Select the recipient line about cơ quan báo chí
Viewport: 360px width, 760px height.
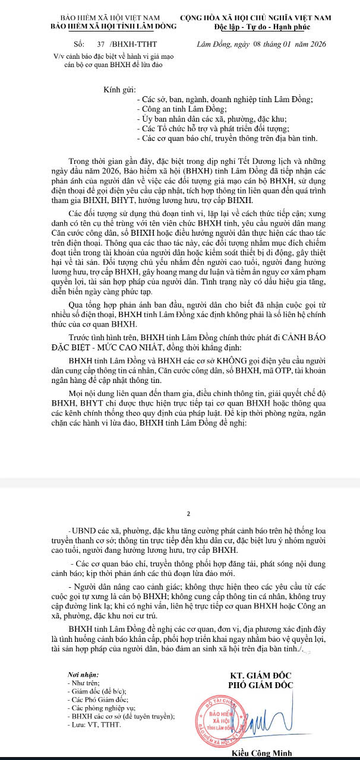point(227,138)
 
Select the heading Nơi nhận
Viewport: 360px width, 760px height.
point(84,675)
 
